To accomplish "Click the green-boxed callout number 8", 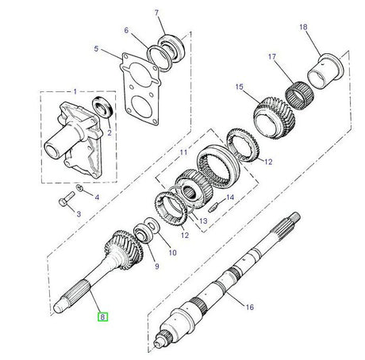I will coord(102,316).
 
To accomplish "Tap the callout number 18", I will coord(302,27).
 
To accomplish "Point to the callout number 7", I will coord(156,12).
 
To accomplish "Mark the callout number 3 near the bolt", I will coord(79,214).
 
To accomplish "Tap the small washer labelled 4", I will coord(81,189).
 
